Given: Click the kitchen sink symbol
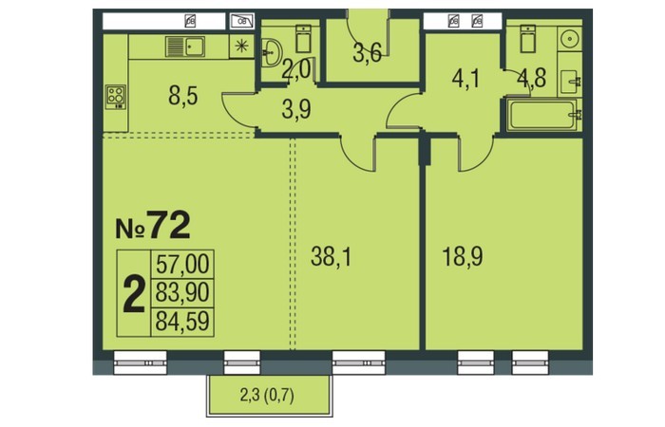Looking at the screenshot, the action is pyautogui.click(x=185, y=46).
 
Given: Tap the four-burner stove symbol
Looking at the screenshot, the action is pyautogui.click(x=116, y=98).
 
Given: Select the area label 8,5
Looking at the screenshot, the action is pyautogui.click(x=182, y=97).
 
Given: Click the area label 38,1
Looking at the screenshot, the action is pyautogui.click(x=331, y=257).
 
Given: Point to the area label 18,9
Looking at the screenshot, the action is pyautogui.click(x=463, y=257).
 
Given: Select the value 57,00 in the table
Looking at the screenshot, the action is pyautogui.click(x=182, y=265).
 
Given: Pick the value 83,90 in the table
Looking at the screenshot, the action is pyautogui.click(x=182, y=292).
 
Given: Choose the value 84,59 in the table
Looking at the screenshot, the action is pyautogui.click(x=182, y=321).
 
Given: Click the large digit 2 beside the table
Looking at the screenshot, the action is pyautogui.click(x=134, y=294).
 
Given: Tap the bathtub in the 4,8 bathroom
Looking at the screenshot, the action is pyautogui.click(x=543, y=115).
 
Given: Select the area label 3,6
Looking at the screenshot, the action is pyautogui.click(x=368, y=54).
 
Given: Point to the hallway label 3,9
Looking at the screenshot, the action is pyautogui.click(x=296, y=109).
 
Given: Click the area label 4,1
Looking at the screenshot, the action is pyautogui.click(x=466, y=79).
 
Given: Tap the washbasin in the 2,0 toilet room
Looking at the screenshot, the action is pyautogui.click(x=270, y=52).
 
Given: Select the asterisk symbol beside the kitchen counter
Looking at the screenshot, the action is pyautogui.click(x=241, y=46).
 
